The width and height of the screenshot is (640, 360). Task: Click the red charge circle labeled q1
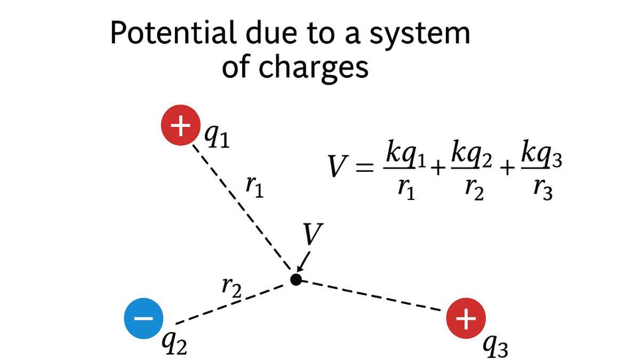(x=180, y=126)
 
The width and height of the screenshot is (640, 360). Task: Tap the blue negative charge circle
(x=143, y=318)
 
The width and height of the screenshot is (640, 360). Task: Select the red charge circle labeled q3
(x=466, y=319)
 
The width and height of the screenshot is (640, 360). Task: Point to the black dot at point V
(x=296, y=279)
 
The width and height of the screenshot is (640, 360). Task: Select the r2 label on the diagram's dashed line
(x=231, y=287)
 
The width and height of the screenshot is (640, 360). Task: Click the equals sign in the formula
(x=365, y=167)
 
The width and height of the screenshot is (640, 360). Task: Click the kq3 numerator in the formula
(x=541, y=155)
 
